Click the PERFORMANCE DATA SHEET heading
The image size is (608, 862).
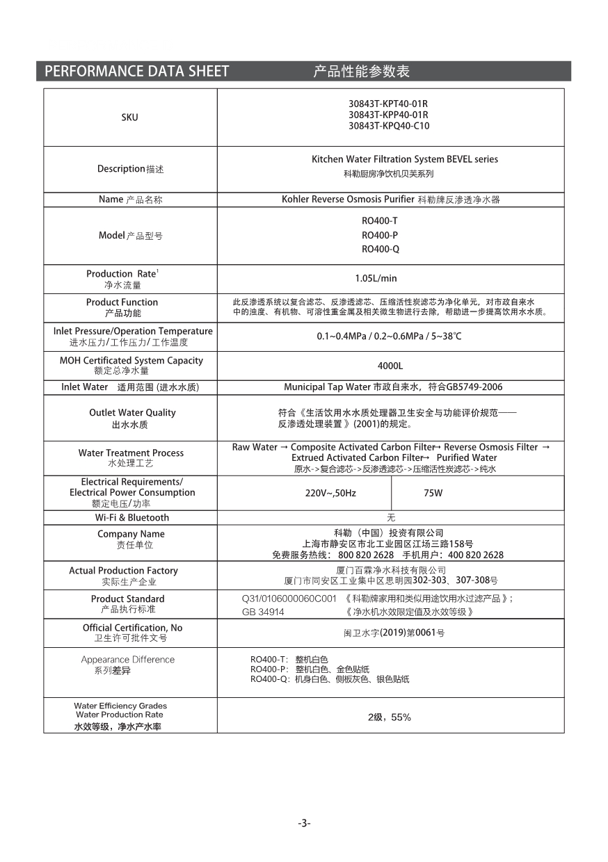click(136, 71)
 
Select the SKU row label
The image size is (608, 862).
click(129, 117)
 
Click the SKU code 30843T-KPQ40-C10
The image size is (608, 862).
click(389, 126)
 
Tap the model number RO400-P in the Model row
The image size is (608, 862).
click(380, 235)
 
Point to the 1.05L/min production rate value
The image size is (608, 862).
click(376, 278)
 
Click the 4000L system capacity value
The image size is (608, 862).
click(390, 366)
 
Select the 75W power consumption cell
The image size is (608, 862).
click(433, 493)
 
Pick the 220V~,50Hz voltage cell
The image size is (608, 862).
click(331, 493)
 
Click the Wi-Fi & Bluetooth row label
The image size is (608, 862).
click(132, 517)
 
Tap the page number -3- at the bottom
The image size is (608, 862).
click(304, 823)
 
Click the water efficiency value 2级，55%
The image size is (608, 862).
click(390, 717)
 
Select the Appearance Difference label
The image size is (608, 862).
click(128, 660)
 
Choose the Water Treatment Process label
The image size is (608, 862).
click(131, 453)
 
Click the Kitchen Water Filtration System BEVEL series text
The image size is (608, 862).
click(405, 159)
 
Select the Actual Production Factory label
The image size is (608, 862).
click(123, 571)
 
